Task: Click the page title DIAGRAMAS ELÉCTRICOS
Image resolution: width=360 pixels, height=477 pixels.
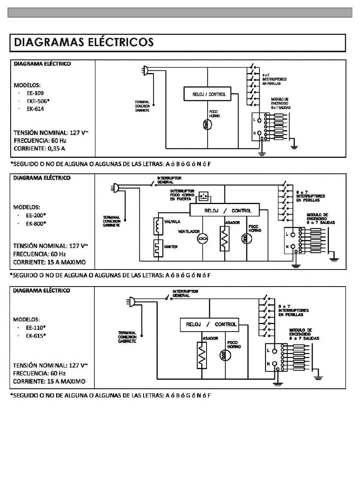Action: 83,42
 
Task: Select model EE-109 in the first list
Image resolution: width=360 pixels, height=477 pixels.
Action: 35,93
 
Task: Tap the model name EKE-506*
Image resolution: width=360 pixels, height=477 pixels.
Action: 38,101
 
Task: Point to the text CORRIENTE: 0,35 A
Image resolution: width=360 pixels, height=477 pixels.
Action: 39,148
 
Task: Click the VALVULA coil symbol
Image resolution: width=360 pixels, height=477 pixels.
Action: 158,226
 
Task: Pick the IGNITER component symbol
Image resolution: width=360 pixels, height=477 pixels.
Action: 158,248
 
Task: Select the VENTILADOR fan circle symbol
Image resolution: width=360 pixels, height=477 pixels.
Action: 202,238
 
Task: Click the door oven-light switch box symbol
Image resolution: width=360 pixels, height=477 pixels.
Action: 204,196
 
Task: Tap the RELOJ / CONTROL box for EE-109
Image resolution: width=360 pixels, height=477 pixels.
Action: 207,94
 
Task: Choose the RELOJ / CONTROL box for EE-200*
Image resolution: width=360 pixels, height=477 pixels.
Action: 224,210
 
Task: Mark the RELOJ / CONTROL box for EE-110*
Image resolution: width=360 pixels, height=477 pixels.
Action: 209,325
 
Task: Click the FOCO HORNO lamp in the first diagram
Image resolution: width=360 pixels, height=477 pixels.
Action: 207,125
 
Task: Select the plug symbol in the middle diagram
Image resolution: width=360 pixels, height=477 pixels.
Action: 115,188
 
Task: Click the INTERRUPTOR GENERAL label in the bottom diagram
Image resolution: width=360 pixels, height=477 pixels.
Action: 185,293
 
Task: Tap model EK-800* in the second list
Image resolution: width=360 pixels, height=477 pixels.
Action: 36,224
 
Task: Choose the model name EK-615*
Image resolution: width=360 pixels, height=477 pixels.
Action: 36,335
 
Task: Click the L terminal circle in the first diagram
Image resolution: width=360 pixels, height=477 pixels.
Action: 259,120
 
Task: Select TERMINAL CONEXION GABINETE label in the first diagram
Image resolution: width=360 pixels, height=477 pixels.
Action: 142,106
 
